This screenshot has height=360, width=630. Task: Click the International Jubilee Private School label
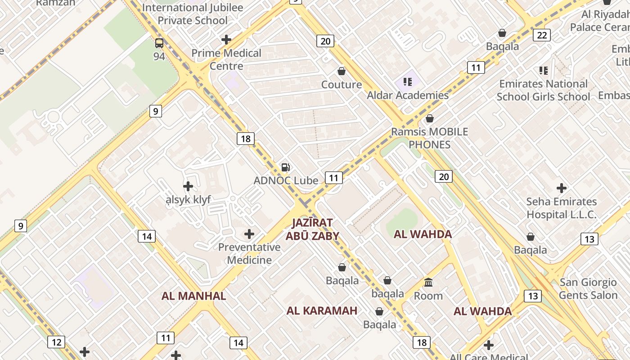(193, 14)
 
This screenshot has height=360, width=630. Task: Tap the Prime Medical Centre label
(226, 59)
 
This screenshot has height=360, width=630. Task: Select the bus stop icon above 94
(159, 43)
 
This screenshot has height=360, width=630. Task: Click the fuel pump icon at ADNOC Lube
(286, 167)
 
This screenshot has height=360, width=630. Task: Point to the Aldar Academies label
(408, 95)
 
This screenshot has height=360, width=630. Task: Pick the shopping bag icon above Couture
(342, 71)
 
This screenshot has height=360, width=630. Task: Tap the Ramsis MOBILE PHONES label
(429, 138)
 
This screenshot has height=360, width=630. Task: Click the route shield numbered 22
(542, 35)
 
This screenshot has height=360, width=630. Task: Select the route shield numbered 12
(56, 342)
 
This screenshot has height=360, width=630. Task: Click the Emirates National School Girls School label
(543, 90)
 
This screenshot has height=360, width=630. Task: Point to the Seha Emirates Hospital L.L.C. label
(562, 208)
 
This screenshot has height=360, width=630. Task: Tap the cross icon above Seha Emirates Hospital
(562, 188)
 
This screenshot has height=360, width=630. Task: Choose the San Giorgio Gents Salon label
(588, 289)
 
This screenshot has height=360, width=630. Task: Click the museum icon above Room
(428, 283)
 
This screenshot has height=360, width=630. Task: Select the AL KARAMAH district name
(322, 310)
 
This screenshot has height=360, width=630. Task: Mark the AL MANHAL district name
(193, 296)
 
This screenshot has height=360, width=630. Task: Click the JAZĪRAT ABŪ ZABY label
(312, 229)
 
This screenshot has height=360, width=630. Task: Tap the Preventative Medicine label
(249, 253)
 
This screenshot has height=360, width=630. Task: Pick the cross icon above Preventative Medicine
(249, 234)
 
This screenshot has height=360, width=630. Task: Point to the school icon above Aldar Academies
(408, 82)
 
